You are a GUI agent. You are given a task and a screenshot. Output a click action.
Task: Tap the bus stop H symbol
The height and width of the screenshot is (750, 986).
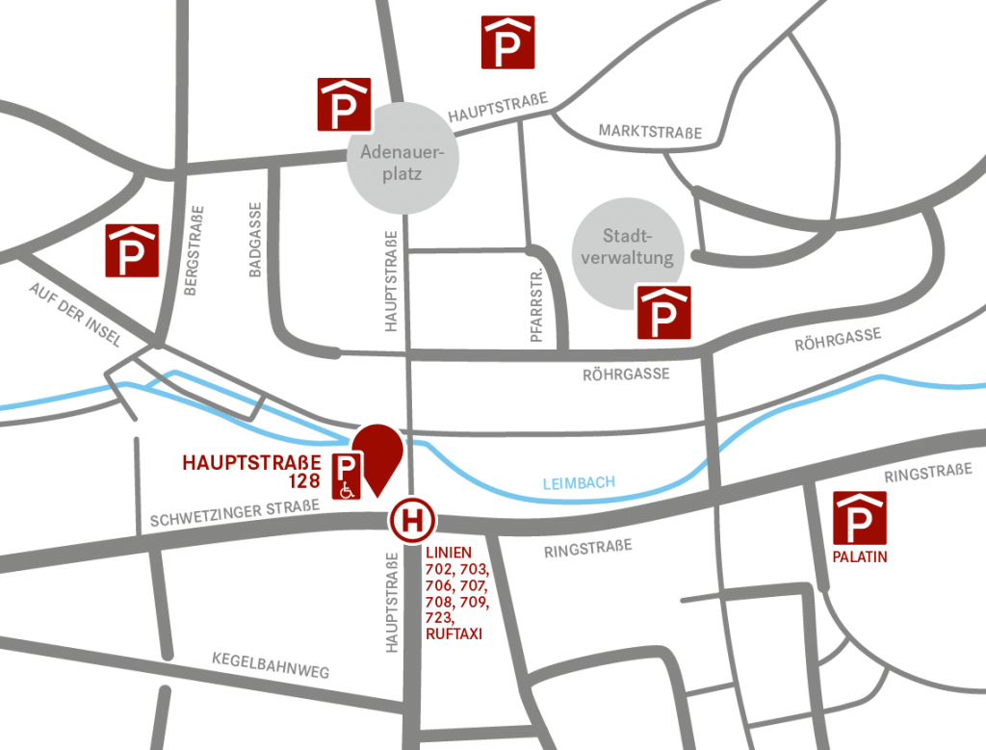pyautogui.click(x=413, y=522)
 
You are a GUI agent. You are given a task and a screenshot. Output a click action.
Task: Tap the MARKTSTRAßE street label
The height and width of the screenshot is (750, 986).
pyautogui.click(x=650, y=132)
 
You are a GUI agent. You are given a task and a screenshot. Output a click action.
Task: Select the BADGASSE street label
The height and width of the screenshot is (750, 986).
pyautogui.click(x=255, y=240)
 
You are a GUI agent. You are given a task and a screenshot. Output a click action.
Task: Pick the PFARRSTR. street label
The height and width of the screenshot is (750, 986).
pyautogui.click(x=537, y=307)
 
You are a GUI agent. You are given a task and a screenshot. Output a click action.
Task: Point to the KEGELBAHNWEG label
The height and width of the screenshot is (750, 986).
pyautogui.click(x=271, y=665)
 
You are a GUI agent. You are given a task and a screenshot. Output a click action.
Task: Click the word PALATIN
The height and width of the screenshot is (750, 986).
pyautogui.click(x=860, y=556)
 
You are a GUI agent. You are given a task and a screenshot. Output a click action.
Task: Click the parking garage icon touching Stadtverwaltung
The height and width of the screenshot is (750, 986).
pyautogui.click(x=664, y=312)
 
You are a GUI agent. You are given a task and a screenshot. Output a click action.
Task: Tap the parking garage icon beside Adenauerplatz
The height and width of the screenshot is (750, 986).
pyautogui.click(x=344, y=104)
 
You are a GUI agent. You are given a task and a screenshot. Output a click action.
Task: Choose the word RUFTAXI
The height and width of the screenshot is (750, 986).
pyautogui.click(x=453, y=635)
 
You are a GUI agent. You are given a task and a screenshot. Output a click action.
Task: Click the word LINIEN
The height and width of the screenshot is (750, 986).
pyautogui.click(x=448, y=553)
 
